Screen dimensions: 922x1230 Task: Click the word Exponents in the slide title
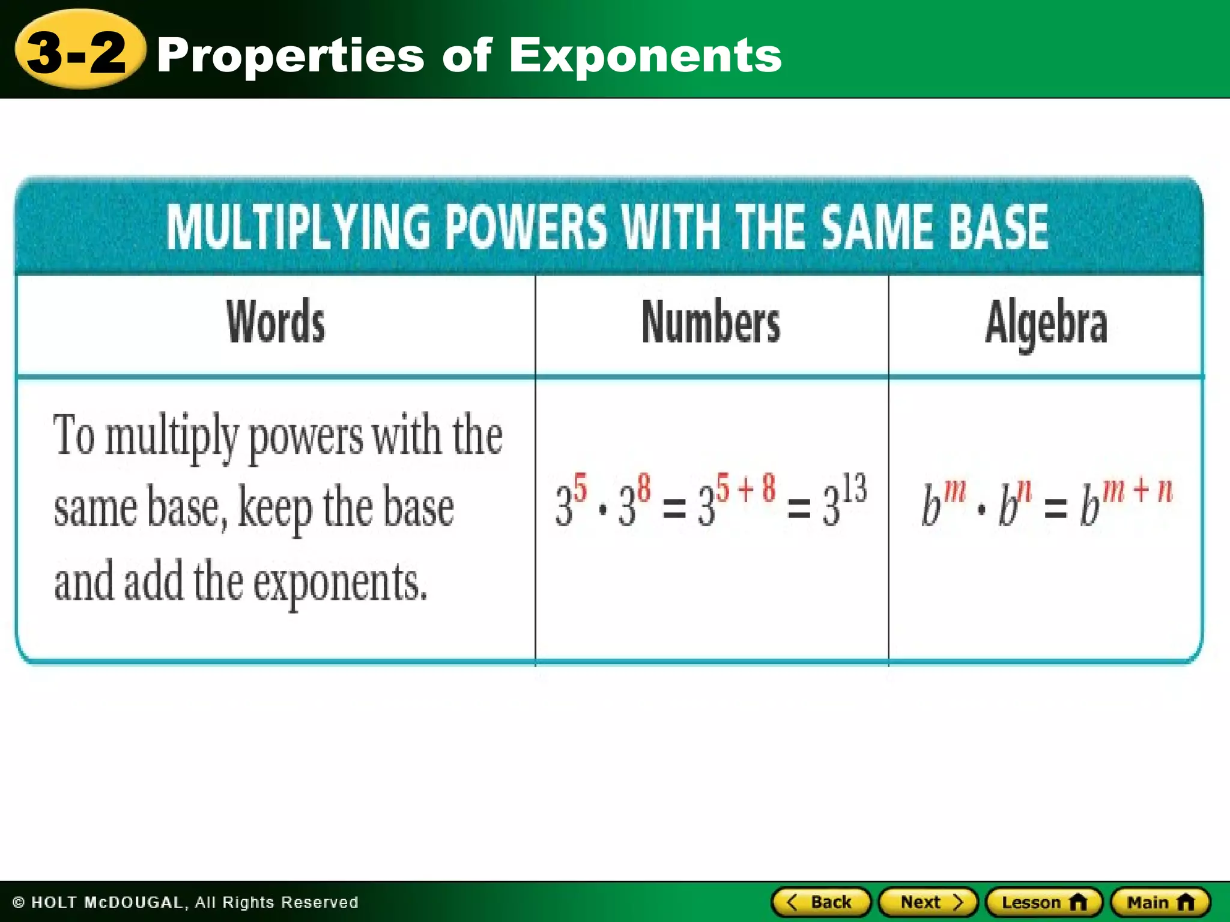tap(645, 56)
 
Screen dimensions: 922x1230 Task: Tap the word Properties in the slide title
tap(291, 56)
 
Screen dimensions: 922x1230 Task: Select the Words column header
tap(276, 323)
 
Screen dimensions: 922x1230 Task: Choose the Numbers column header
tap(711, 323)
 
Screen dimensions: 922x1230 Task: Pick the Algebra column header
tap(1046, 324)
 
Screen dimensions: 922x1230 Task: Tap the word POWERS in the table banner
tap(526, 227)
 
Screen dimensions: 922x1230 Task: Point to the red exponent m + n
tap(1137, 490)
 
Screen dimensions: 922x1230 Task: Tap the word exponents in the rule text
tap(340, 583)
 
